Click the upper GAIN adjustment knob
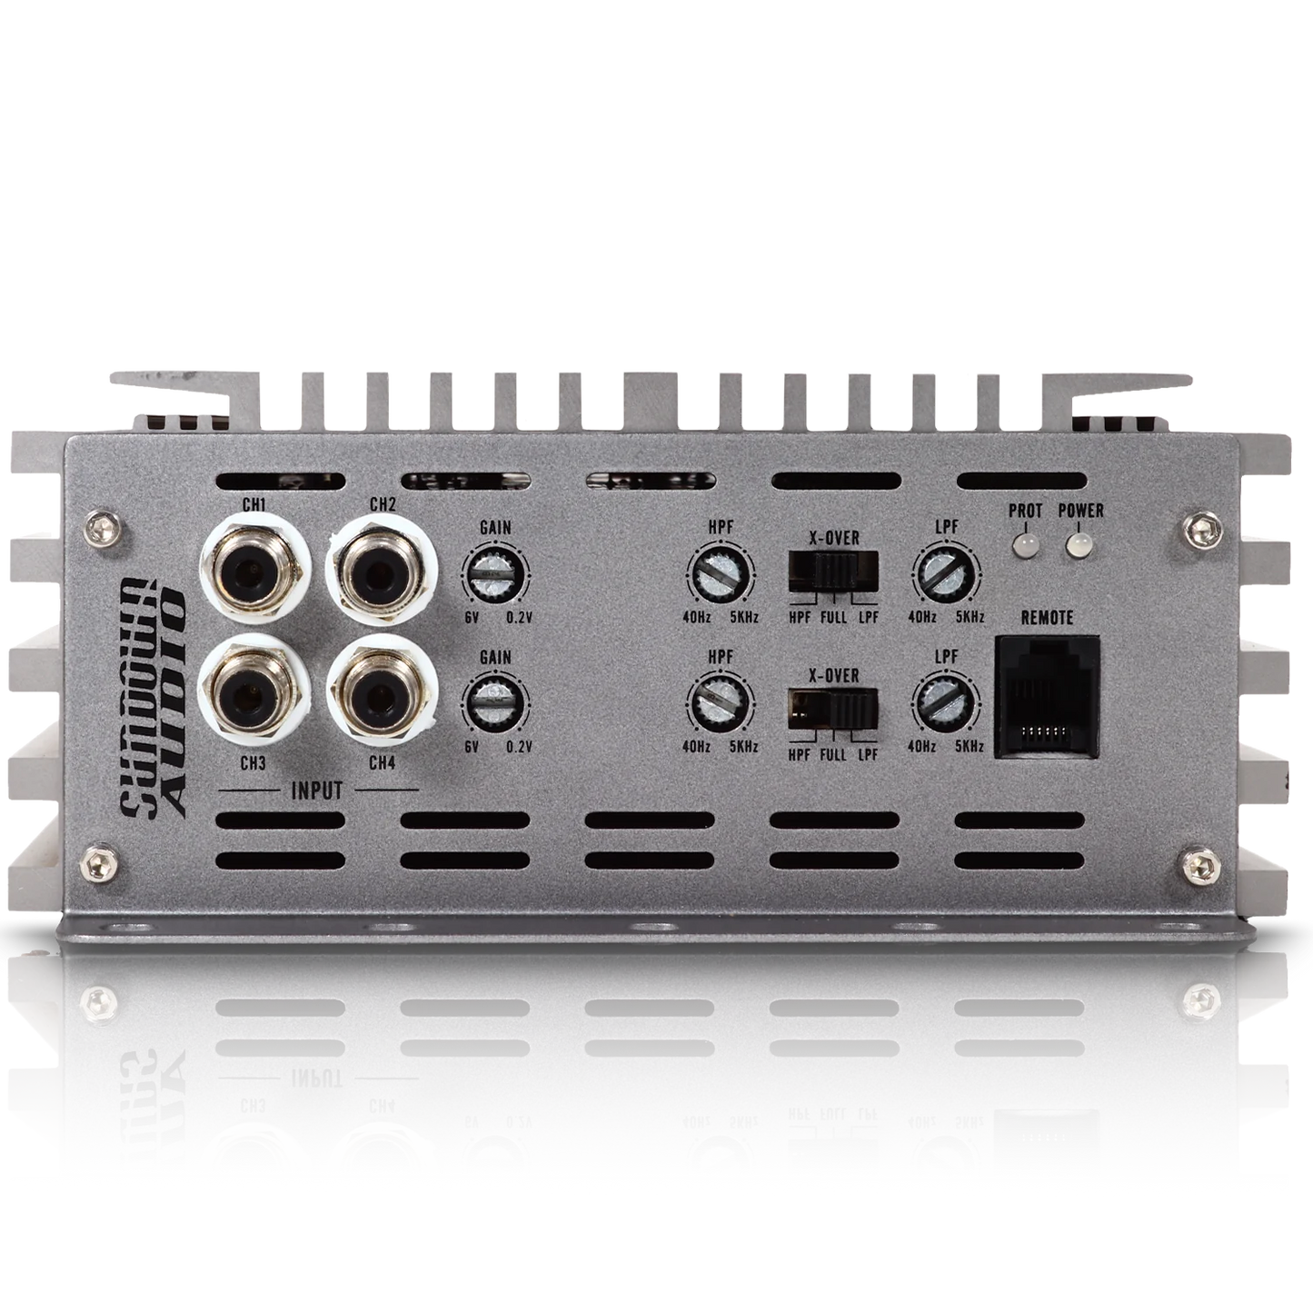[495, 573]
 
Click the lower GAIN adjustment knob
[495, 703]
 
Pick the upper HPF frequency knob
[721, 573]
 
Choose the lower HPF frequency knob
[721, 703]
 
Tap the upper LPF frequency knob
[946, 573]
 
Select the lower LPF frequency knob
[946, 703]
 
